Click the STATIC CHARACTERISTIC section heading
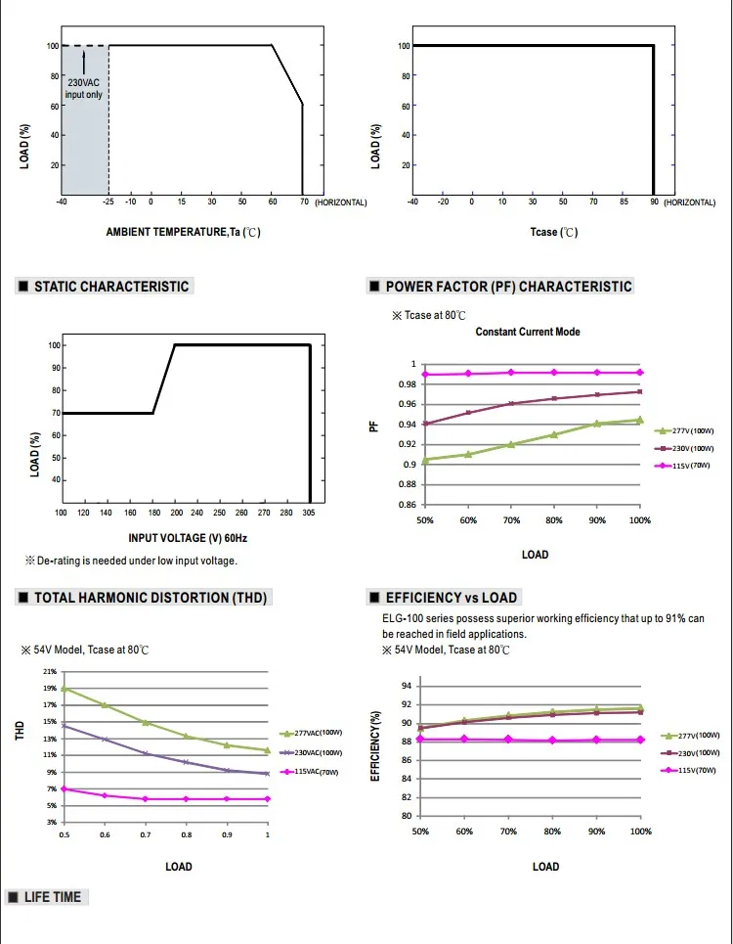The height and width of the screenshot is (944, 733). pos(111,287)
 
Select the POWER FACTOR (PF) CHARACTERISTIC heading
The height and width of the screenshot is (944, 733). pos(508,287)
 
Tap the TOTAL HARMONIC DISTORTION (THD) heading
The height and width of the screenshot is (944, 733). pos(151,598)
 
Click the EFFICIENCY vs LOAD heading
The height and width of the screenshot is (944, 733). pos(452,598)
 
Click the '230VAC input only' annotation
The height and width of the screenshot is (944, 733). pos(84,88)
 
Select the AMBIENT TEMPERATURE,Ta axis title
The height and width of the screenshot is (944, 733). pos(183,233)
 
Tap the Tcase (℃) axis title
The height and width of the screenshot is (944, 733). pos(554,232)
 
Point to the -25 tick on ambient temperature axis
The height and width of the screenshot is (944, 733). pos(108,202)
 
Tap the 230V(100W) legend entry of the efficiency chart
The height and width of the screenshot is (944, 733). pos(697,752)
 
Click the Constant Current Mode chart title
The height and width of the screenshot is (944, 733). pos(528,333)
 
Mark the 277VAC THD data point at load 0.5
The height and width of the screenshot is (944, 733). pos(64,689)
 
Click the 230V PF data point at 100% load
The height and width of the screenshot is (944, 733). pos(640,391)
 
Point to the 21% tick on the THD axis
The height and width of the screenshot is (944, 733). pos(49,672)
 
